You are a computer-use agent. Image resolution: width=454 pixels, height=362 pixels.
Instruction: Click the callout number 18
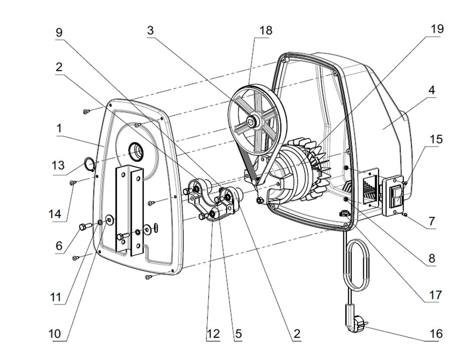pos(266,31)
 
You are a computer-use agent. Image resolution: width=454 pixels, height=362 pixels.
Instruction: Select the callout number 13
pos(58,166)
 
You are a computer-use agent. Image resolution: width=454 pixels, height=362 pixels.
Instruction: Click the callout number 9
pos(59,32)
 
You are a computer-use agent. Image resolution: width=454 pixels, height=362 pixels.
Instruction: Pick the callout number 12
pos(213,334)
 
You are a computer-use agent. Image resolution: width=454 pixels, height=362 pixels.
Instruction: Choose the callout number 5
pos(238,334)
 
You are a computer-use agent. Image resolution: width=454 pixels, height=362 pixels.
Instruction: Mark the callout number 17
pos(435,295)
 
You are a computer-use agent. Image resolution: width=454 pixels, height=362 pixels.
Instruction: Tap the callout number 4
pos(431,90)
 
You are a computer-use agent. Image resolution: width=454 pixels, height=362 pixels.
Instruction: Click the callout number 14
pos(55,214)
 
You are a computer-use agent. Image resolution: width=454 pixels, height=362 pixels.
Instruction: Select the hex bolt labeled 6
pos(83,227)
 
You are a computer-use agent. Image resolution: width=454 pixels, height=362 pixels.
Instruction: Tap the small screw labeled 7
pos(404,214)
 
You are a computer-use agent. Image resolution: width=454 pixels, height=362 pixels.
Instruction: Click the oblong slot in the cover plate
pos(156,227)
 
